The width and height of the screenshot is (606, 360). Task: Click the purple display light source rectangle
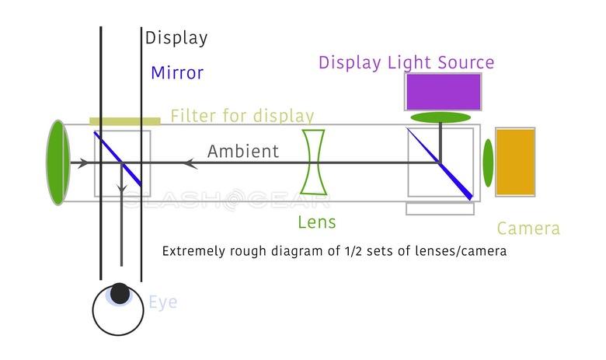(442, 91)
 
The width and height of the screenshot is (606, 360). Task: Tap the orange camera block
(515, 162)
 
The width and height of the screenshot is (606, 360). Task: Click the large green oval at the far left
(57, 162)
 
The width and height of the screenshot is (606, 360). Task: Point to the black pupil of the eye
(120, 293)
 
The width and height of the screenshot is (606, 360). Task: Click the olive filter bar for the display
(125, 121)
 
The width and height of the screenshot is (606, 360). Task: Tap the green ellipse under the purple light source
(441, 117)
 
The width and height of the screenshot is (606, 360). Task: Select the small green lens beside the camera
(488, 163)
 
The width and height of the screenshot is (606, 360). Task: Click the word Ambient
(242, 151)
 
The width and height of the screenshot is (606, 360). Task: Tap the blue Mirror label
(177, 73)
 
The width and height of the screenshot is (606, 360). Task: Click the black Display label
(176, 37)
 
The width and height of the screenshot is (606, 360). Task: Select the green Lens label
(317, 222)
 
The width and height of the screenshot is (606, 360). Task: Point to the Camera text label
(528, 229)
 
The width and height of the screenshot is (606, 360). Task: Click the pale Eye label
(163, 302)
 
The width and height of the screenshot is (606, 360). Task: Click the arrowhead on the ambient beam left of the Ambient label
(187, 163)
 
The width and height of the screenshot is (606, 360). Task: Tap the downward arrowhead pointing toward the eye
(121, 190)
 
